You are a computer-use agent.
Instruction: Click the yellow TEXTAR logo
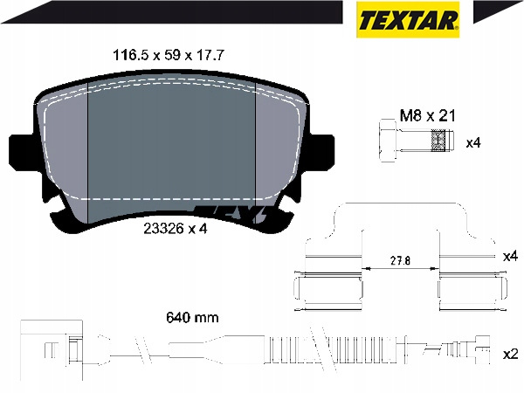click(408, 19)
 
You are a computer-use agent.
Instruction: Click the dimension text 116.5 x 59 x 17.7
click(169, 55)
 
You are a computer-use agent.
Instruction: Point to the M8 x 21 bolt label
click(428, 116)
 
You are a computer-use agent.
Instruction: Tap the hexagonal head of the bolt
click(388, 141)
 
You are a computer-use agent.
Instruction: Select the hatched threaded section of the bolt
click(438, 141)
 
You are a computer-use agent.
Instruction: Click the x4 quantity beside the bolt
click(473, 143)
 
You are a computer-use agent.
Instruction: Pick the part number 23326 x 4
click(176, 229)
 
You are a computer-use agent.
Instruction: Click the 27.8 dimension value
click(400, 260)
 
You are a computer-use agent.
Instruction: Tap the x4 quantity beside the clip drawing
click(510, 257)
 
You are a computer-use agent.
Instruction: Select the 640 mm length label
click(192, 317)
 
